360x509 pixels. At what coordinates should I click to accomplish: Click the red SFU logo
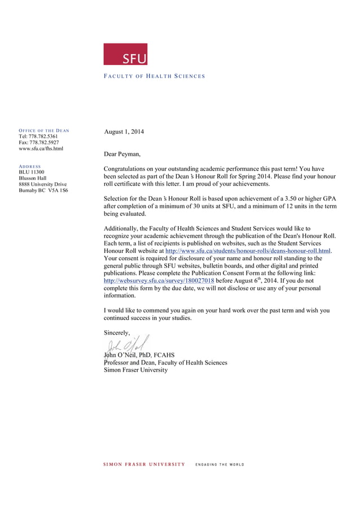pos(125,54)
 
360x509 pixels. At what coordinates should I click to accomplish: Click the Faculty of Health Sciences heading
pos(154,76)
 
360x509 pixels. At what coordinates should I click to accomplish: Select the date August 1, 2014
pos(124,132)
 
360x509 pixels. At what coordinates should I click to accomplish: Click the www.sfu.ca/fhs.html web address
pos(41,149)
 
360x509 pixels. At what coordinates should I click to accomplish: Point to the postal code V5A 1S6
pos(58,191)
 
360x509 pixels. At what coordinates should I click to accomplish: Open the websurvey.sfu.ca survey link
pos(159,280)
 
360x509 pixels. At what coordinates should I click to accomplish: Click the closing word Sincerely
pos(117,333)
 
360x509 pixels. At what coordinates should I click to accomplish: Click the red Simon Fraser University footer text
pos(144,464)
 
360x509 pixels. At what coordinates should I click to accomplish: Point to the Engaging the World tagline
pos(219,464)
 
